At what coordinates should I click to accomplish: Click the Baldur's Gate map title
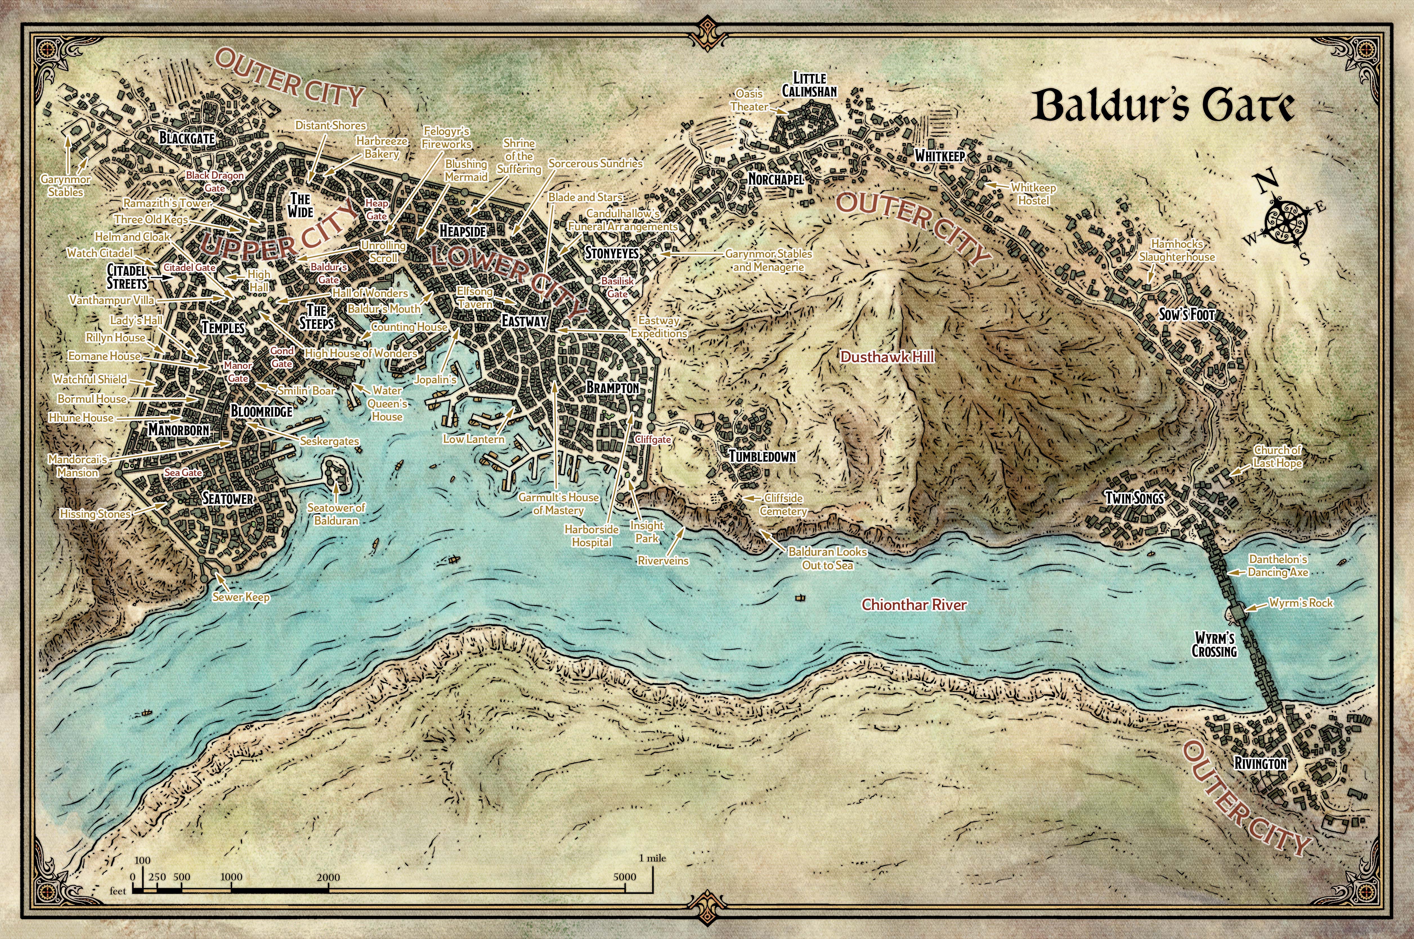tap(1162, 107)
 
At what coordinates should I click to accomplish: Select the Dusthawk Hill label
tap(887, 357)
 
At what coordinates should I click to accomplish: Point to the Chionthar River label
tap(914, 605)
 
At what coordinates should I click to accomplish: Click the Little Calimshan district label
tap(809, 84)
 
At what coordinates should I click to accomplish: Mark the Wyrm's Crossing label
tap(1214, 644)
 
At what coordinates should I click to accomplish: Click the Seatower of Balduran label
tap(336, 514)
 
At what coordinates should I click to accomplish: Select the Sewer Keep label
tap(241, 597)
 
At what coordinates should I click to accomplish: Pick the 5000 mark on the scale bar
tap(625, 877)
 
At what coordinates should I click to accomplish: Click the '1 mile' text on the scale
tap(652, 858)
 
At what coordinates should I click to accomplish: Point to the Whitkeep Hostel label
tap(1033, 194)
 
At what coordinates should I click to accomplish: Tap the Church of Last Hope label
tap(1278, 456)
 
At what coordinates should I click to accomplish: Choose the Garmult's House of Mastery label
tap(558, 504)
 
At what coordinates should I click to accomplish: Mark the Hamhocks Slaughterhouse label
tap(1177, 250)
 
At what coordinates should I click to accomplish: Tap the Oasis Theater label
tap(749, 100)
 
